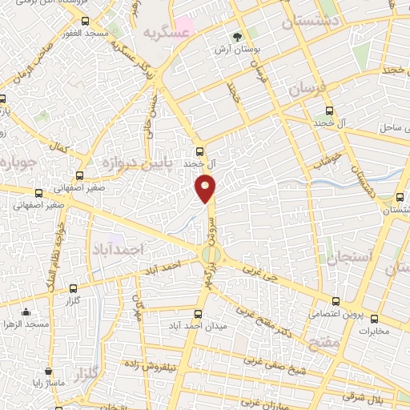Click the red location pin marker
206,188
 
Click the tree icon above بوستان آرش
236,36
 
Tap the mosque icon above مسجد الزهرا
26,312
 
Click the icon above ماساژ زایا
50,372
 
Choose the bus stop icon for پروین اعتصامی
336,302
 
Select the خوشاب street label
329,160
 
